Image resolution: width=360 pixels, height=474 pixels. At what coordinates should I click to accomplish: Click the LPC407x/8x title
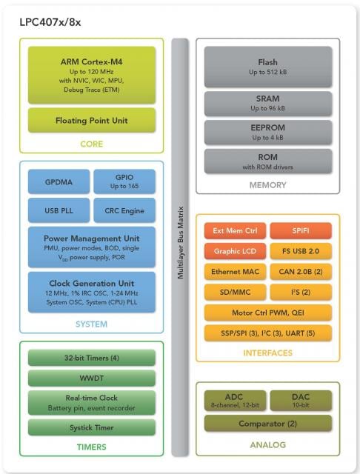50,22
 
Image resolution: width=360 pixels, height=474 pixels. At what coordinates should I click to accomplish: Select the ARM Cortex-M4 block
92,75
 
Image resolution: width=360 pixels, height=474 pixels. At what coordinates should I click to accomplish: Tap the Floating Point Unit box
92,120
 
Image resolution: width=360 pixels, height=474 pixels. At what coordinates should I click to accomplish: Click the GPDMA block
59,181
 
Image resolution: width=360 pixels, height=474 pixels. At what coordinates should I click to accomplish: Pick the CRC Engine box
124,210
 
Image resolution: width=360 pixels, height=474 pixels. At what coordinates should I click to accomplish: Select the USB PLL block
59,210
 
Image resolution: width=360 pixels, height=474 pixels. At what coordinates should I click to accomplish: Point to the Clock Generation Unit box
92,292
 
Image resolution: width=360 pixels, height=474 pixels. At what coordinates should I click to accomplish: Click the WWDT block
92,378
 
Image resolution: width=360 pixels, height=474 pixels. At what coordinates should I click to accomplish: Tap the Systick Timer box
92,427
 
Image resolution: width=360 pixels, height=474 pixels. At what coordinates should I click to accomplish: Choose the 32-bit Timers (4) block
92,358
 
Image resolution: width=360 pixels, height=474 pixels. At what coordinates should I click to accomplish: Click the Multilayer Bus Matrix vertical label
181,242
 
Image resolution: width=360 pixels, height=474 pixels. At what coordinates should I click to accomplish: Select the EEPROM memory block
268,133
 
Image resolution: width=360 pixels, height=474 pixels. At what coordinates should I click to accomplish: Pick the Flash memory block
268,67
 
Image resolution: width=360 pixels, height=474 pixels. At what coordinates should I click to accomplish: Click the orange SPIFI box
301,230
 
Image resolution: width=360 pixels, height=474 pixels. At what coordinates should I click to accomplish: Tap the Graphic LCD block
235,251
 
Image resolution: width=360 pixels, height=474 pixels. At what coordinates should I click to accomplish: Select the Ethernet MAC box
235,272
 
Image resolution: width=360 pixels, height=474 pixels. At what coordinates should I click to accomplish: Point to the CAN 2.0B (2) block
301,272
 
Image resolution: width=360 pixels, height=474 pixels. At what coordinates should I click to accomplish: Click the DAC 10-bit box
301,401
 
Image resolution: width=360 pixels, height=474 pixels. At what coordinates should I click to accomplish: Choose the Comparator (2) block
268,423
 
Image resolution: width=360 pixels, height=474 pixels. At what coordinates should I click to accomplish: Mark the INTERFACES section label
268,353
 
